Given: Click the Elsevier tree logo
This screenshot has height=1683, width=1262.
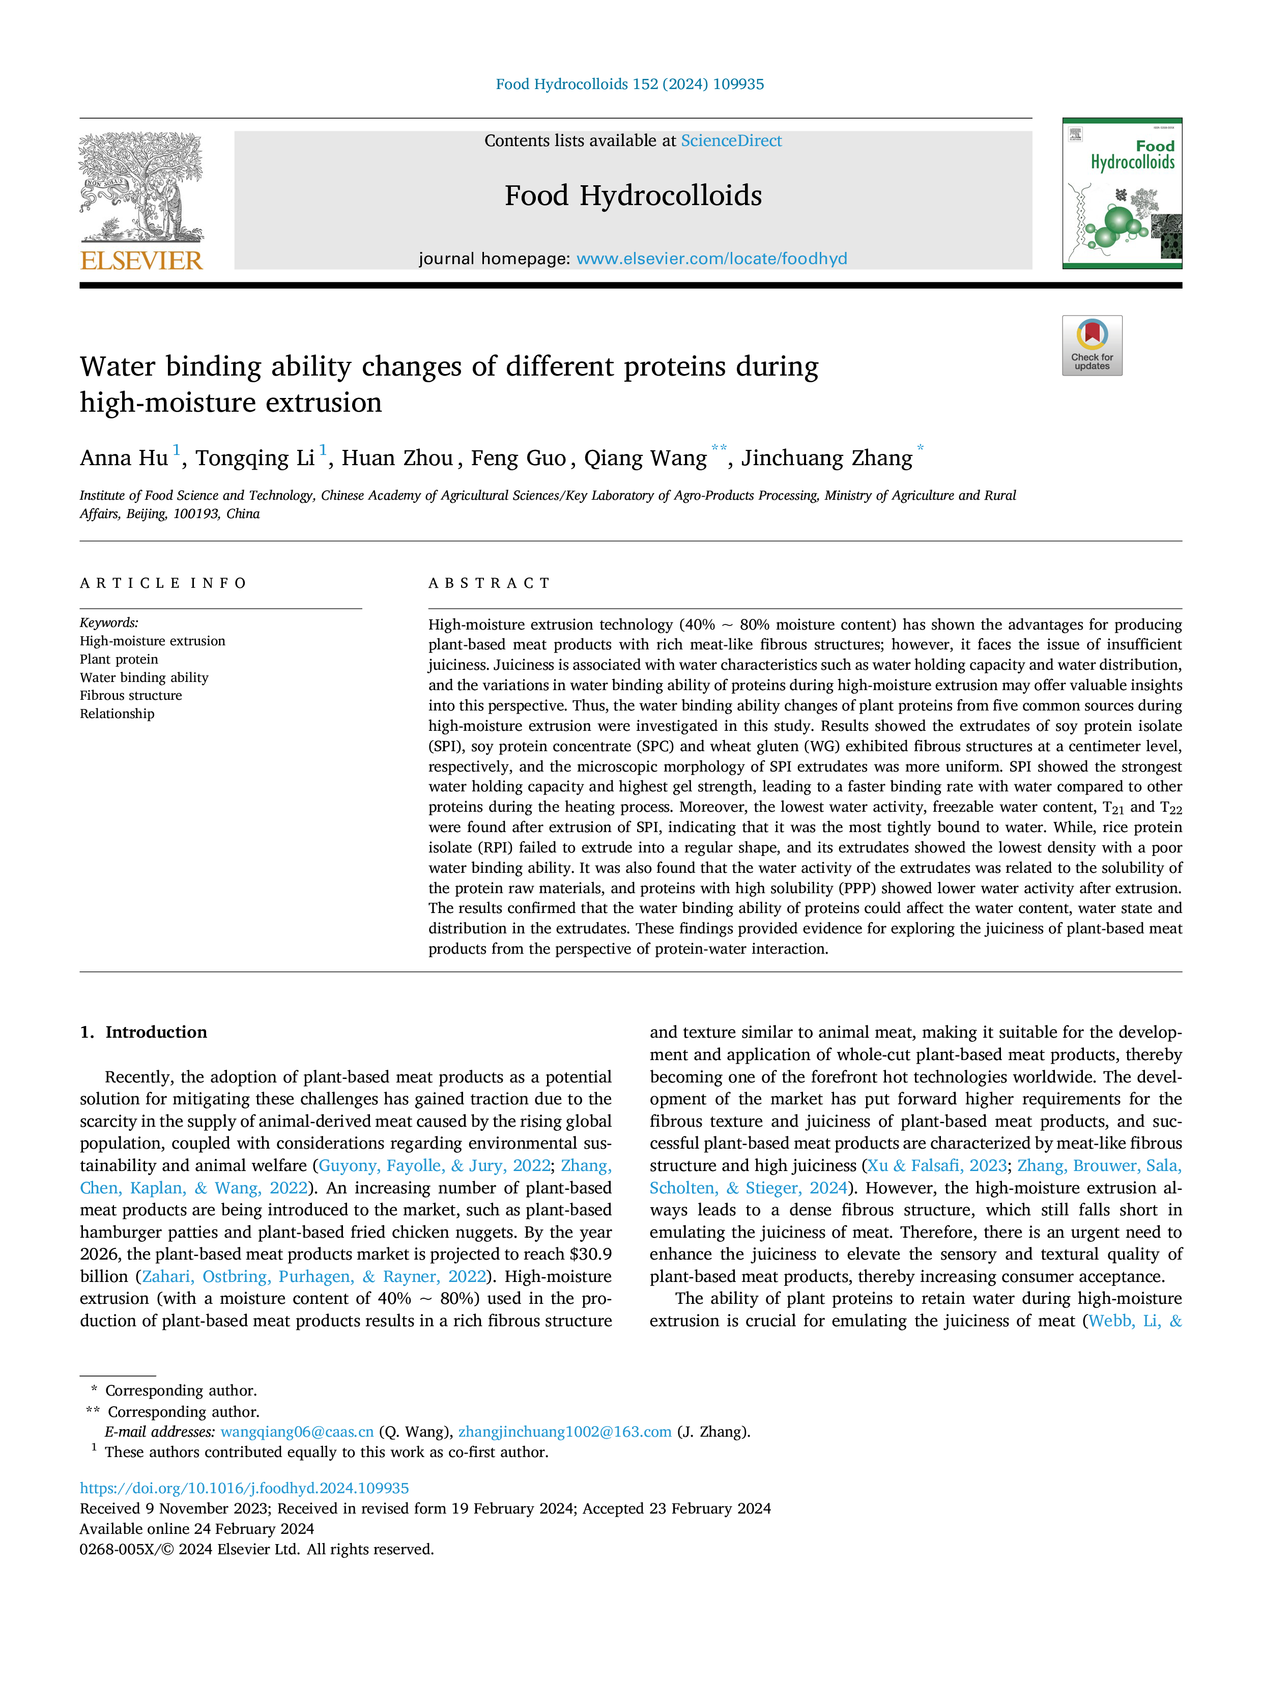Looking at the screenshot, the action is coord(141,187).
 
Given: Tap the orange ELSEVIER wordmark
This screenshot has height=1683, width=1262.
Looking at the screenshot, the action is coord(141,260).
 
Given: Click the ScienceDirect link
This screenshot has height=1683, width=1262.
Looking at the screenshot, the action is coord(731,141).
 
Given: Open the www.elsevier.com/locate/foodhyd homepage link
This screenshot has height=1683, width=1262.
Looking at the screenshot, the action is coord(711,259).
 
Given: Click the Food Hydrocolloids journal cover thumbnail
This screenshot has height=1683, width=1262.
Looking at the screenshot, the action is coord(1122,193).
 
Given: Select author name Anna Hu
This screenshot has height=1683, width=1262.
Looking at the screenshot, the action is coord(124,458).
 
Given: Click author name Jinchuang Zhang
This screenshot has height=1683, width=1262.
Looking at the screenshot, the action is coord(827,458).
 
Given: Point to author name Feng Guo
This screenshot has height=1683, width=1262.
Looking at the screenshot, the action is coord(518,458).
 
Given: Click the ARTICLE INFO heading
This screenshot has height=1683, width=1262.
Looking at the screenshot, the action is coord(163,584).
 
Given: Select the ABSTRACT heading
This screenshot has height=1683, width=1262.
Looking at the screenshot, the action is coord(489,584).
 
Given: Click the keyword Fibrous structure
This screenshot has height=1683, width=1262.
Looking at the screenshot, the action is coord(131,695).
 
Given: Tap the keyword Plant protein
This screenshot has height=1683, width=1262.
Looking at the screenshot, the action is coord(120,659).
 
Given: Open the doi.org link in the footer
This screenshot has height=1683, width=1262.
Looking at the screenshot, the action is coord(244,1488).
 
